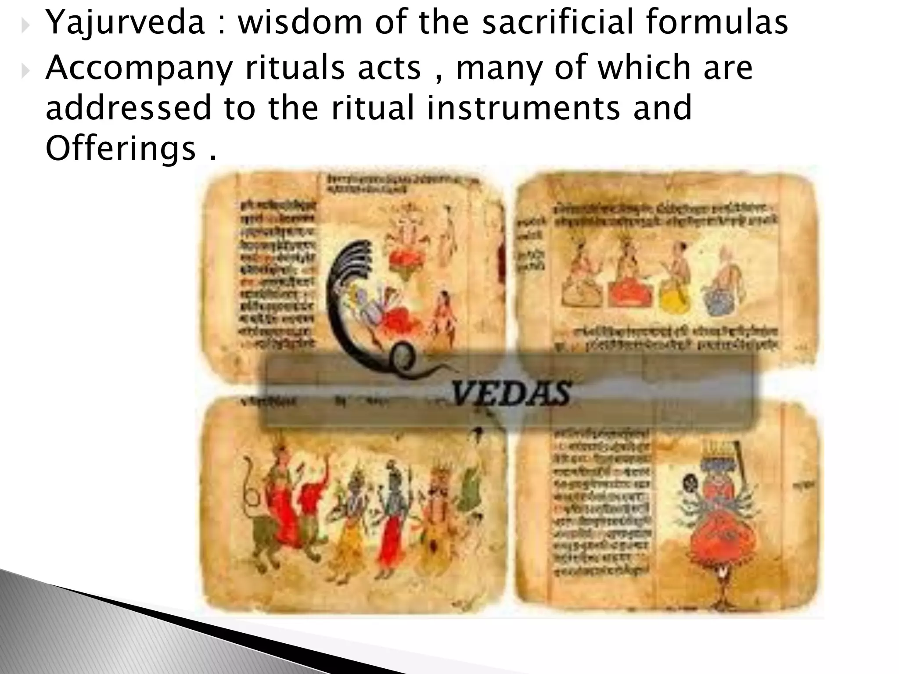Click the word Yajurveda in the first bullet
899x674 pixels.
point(125,23)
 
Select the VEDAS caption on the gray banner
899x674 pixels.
point(512,392)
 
